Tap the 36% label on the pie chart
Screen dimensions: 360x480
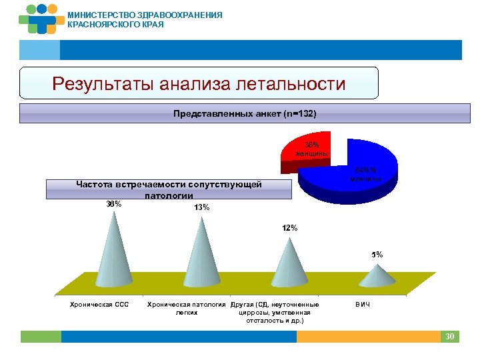[312, 143]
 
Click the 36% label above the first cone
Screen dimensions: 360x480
[114, 204]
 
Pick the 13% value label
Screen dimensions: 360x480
[202, 207]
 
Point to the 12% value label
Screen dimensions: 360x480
[290, 228]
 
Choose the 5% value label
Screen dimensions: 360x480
[377, 255]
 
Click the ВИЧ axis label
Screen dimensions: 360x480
[363, 305]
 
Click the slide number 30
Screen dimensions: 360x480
[450, 337]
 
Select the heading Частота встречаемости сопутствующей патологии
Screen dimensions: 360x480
[169, 189]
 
